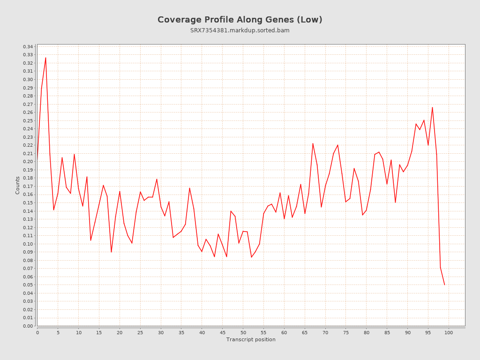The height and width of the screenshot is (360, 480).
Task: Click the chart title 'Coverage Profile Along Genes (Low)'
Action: (240, 20)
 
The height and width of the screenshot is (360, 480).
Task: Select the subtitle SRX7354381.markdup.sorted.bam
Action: (240, 30)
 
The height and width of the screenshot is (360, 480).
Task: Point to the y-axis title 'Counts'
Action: (18, 185)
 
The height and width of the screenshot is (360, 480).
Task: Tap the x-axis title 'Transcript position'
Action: (251, 339)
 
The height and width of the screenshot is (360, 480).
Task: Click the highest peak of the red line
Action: (45, 58)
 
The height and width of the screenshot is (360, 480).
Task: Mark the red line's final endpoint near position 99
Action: (444, 285)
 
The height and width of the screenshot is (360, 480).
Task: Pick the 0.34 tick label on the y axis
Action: (28, 47)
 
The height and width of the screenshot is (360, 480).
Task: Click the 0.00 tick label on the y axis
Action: (28, 326)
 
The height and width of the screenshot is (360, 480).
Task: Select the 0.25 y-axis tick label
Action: (28, 120)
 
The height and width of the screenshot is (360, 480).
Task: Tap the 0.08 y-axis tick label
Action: (28, 260)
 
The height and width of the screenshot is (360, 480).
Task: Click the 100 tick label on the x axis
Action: (449, 333)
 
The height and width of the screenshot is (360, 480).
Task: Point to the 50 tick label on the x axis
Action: (243, 333)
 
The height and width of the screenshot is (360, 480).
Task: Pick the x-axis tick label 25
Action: (140, 333)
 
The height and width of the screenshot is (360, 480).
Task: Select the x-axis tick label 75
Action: (346, 333)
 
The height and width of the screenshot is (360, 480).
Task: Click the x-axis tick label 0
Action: (37, 333)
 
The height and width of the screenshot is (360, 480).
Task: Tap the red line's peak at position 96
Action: (432, 107)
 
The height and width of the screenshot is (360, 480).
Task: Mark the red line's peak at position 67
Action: (313, 143)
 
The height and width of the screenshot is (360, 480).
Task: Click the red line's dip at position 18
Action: (111, 252)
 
